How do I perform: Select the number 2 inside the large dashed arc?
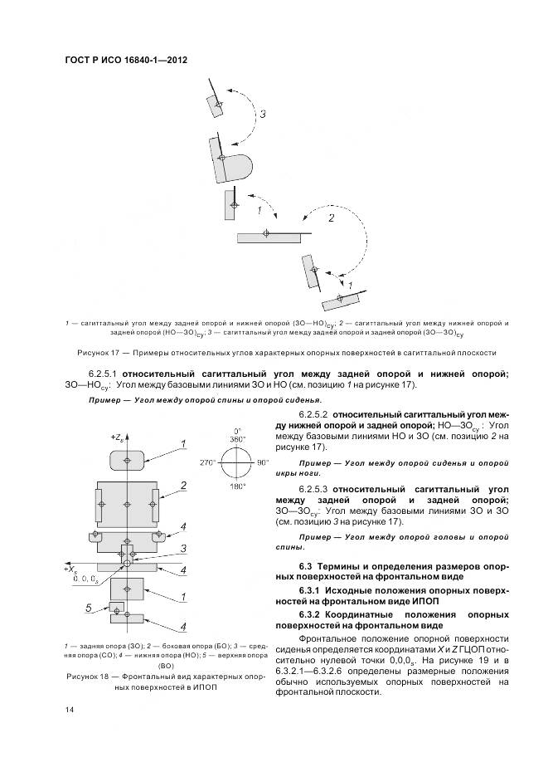tap(330, 219)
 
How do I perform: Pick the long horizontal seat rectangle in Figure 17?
tap(268, 237)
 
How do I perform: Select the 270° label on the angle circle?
tap(207, 462)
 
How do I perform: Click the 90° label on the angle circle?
tap(264, 462)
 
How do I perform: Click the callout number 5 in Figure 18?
tap(89, 608)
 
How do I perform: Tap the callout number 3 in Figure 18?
tap(183, 546)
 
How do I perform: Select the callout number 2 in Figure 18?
tap(183, 485)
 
